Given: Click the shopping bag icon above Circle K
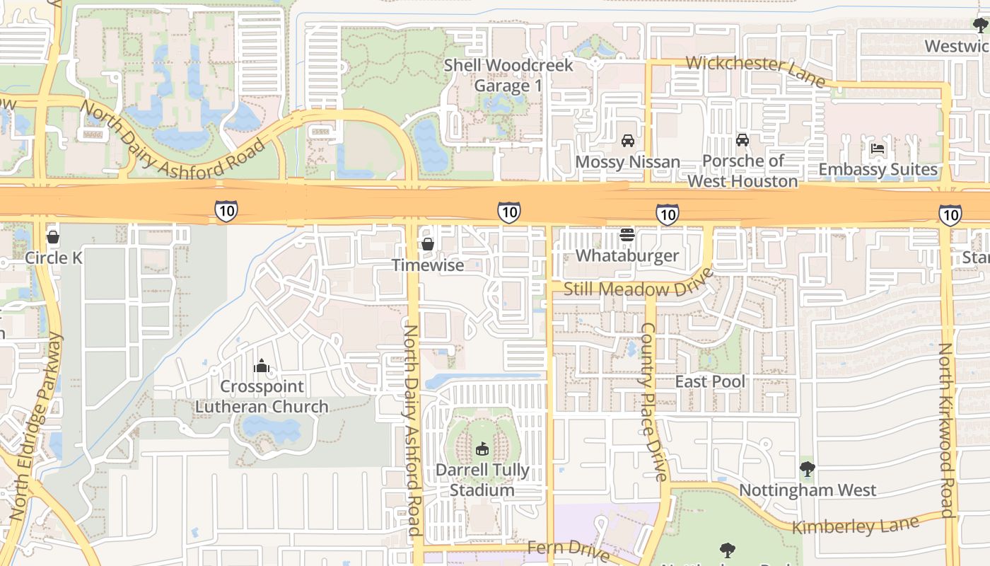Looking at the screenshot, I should pos(53,237).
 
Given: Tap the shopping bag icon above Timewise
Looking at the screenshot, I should pos(427,244).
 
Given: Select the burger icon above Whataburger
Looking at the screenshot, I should pos(627,234).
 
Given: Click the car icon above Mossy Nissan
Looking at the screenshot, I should pos(627,140).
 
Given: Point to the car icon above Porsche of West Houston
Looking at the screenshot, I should pos(742,140).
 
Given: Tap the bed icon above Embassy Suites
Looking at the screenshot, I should pos(878,149).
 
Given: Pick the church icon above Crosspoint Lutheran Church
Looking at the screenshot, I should pos(262,366).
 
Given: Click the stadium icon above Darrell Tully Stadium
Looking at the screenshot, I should pos(483,449).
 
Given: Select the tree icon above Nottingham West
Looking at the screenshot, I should pos(807,468).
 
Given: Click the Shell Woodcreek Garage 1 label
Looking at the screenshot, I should pos(508,76).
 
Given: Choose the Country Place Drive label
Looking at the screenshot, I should pos(653,402).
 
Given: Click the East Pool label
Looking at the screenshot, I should pos(710,382).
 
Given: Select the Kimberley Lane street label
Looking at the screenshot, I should pos(855,526).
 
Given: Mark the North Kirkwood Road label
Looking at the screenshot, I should pos(945,432).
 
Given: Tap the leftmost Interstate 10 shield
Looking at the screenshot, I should pos(226,210).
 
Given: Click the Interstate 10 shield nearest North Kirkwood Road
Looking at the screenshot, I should pos(950,214).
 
